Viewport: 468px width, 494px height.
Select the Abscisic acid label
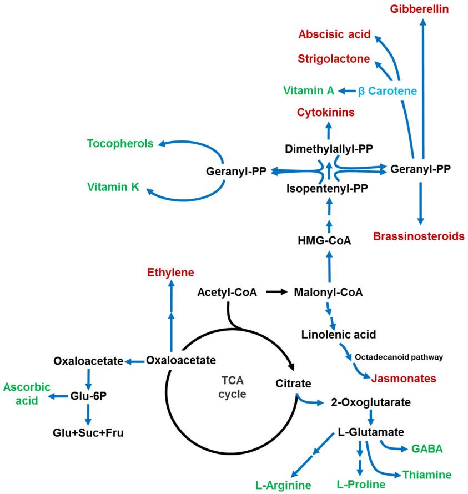[x=334, y=34]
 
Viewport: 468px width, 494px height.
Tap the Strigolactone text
[x=334, y=58]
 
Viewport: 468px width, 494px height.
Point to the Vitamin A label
[x=309, y=90]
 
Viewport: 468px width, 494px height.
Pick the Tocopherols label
[x=120, y=144]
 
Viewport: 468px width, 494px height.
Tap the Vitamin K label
[x=113, y=187]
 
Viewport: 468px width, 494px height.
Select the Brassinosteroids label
[x=419, y=236]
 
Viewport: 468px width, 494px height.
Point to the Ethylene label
[x=170, y=273]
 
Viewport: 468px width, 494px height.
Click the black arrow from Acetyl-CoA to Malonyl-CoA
[x=276, y=291]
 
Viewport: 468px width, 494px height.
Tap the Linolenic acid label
[x=339, y=335]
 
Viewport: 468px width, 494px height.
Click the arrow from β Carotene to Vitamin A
[x=347, y=90]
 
